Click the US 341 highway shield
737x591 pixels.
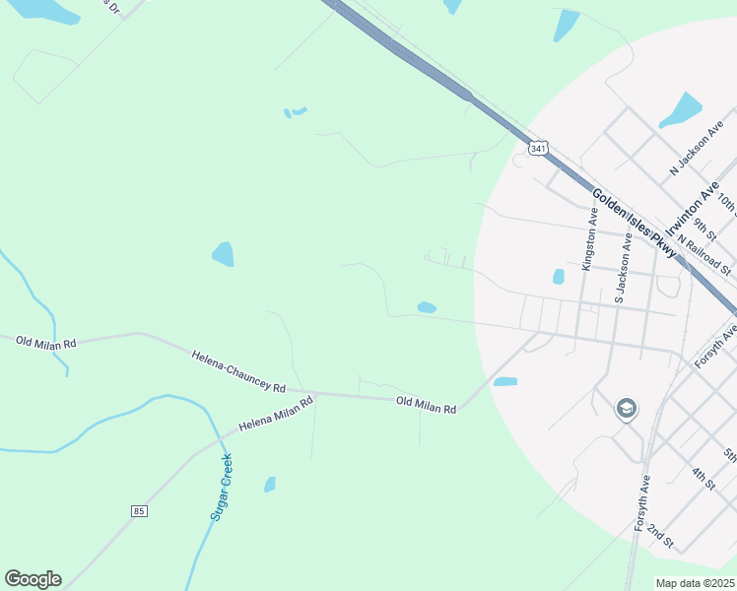(x=537, y=149)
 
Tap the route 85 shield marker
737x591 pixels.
(x=138, y=510)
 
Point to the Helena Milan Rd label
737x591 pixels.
(x=275, y=415)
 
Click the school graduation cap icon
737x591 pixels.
(x=626, y=408)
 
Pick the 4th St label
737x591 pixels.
(x=703, y=480)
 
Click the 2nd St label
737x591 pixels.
(x=660, y=537)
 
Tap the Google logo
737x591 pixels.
(x=33, y=579)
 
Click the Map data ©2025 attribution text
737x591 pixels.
(x=695, y=583)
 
